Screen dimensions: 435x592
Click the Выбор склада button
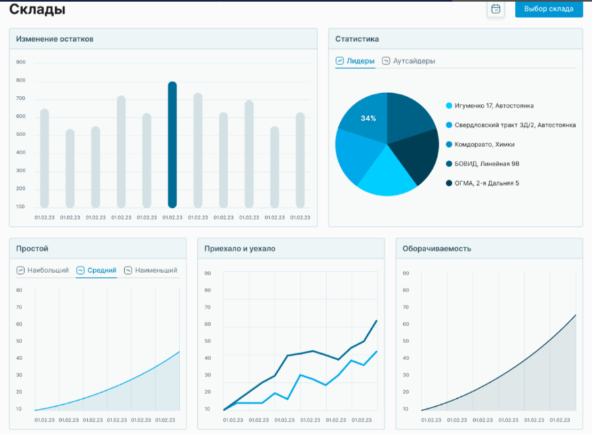pyautogui.click(x=548, y=9)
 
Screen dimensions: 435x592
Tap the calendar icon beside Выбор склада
pyautogui.click(x=495, y=9)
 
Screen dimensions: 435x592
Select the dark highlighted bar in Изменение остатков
pyautogui.click(x=172, y=144)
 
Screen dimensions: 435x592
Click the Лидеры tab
pyautogui.click(x=356, y=61)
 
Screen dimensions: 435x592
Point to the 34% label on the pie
pyautogui.click(x=368, y=119)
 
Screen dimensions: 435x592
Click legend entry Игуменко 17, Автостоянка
pyautogui.click(x=494, y=106)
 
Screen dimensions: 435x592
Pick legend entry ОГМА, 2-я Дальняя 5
pyautogui.click(x=487, y=183)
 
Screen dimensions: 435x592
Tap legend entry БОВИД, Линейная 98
pyautogui.click(x=487, y=164)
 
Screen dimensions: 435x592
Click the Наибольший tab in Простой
pyautogui.click(x=43, y=271)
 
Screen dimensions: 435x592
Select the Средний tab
pyautogui.click(x=97, y=271)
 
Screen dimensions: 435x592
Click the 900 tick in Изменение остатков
pyautogui.click(x=21, y=62)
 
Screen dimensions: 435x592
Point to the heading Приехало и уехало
pyautogui.click(x=240, y=249)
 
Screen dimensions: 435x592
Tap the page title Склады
pyautogui.click(x=38, y=10)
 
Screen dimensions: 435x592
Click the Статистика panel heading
pyautogui.click(x=357, y=39)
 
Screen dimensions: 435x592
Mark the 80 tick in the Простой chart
pyautogui.click(x=19, y=290)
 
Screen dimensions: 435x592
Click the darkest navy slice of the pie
pyautogui.click(x=418, y=158)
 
